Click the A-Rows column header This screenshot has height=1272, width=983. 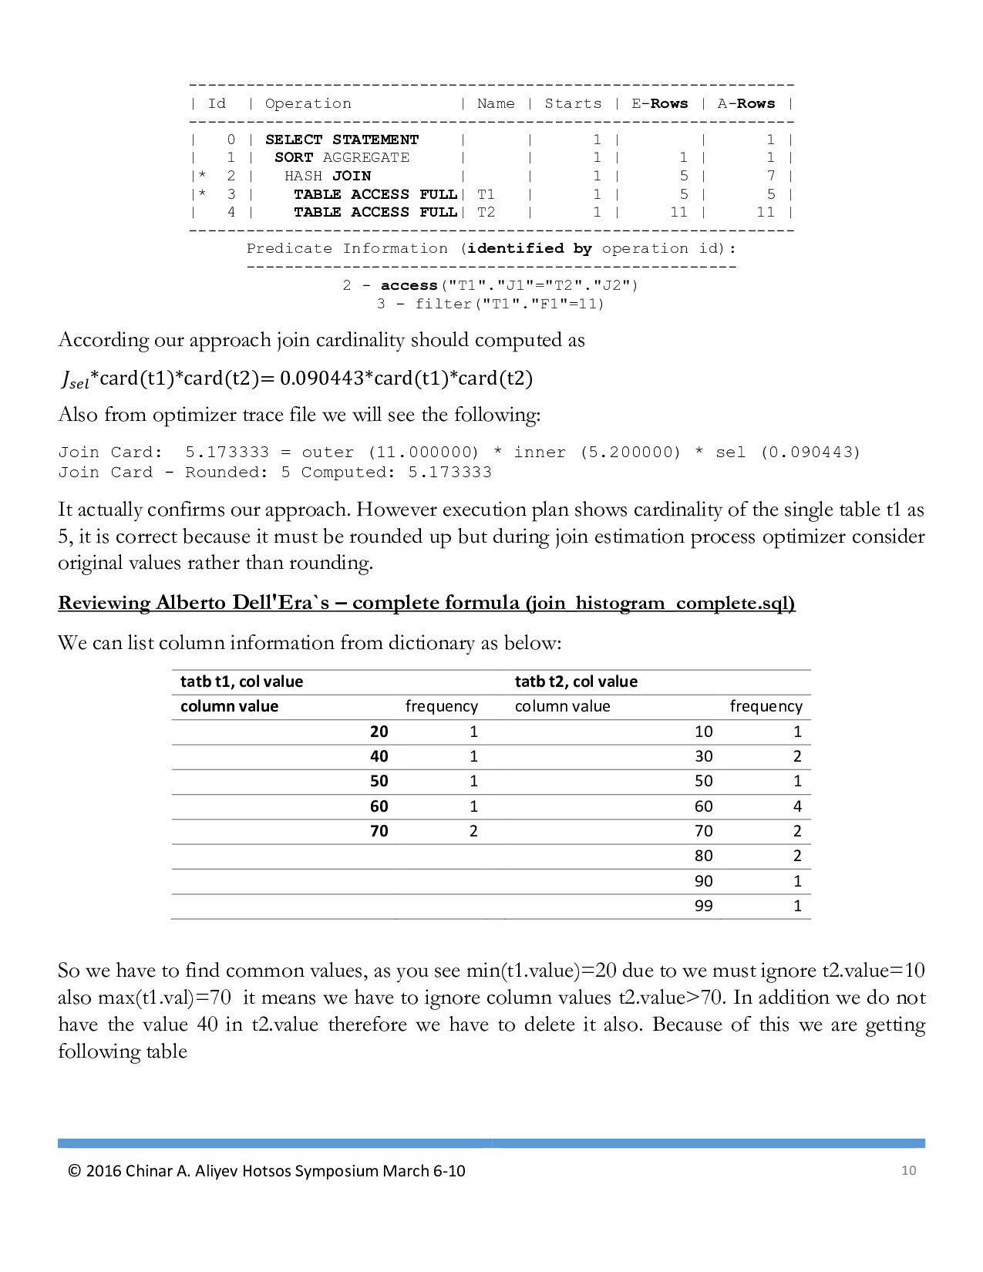pos(746,103)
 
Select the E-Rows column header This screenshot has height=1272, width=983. pos(659,103)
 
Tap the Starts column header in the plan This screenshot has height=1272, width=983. pos(573,103)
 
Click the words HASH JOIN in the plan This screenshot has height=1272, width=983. pos(328,176)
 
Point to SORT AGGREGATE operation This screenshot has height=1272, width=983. pos(342,157)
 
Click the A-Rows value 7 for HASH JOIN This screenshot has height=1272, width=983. pos(770,176)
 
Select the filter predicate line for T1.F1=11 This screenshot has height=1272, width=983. pos(490,304)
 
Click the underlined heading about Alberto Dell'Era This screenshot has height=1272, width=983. pos(426,603)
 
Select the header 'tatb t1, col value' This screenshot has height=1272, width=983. pos(241,681)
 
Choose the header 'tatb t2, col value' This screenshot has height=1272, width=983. pos(576,681)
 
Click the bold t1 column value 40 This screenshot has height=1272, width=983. pos(379,756)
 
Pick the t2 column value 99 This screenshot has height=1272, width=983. pos(703,906)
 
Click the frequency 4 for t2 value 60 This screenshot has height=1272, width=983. pos(797,806)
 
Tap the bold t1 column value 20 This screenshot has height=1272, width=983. pos(379,732)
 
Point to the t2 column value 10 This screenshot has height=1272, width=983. pos(703,732)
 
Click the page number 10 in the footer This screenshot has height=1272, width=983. pos(908,1170)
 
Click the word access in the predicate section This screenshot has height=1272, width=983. pos(409,285)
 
